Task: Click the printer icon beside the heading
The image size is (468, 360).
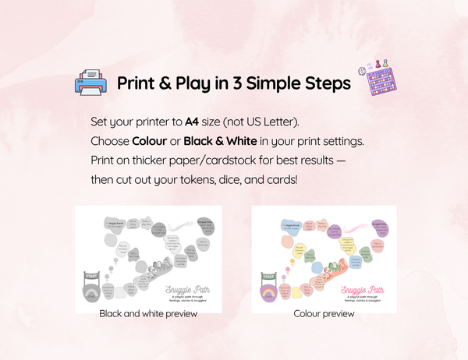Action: coord(88,83)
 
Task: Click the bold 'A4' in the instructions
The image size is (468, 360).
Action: coord(192,122)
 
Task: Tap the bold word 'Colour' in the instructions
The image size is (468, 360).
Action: coord(149,142)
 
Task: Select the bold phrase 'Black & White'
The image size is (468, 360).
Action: coord(219,142)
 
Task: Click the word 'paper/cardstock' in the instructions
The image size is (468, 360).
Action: coord(232,161)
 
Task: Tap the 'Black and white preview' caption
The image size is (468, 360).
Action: coord(148,313)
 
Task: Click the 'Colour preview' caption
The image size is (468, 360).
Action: coord(324,313)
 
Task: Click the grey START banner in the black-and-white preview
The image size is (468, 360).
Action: coord(93,274)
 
